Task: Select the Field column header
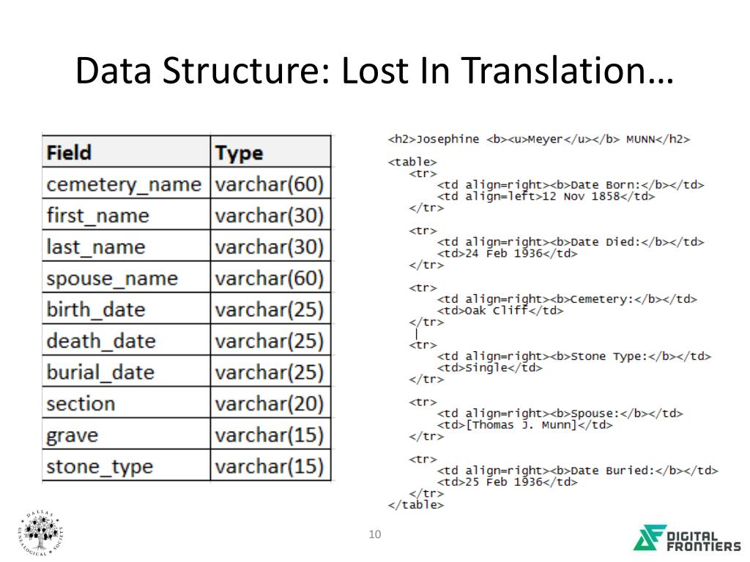coord(69,152)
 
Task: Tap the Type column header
coord(239,153)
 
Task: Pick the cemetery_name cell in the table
coord(123,184)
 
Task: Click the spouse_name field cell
coord(112,278)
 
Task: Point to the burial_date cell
coord(100,372)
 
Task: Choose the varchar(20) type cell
coord(269,403)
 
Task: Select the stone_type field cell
coord(100,466)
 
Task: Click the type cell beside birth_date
coord(269,310)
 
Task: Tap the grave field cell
coord(72,435)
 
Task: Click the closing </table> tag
coord(415,504)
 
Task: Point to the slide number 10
coord(375,535)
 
